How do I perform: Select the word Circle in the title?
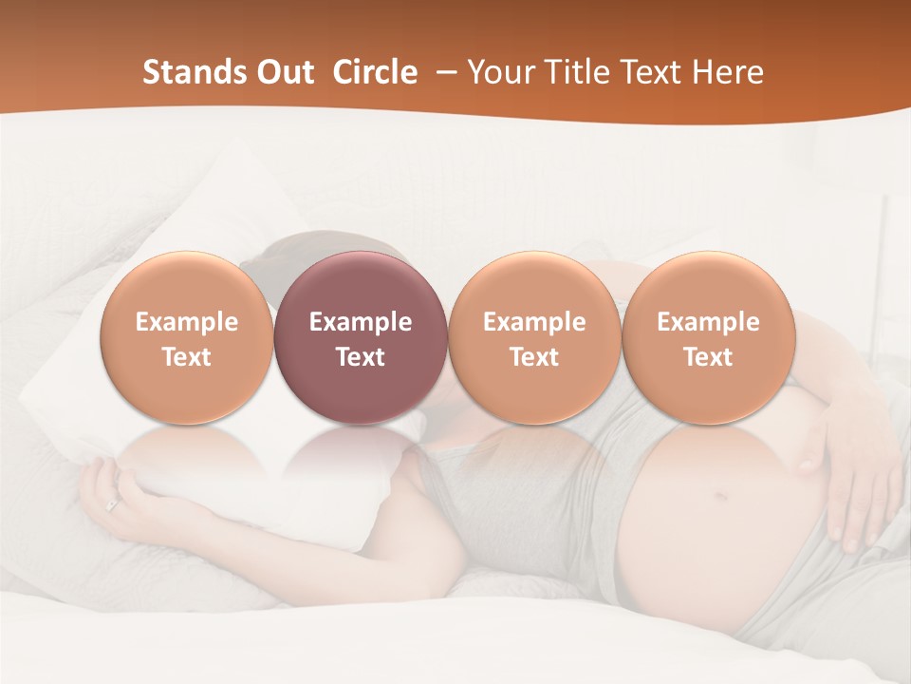(x=375, y=72)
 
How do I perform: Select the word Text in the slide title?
(x=654, y=72)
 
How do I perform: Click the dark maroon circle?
(x=361, y=337)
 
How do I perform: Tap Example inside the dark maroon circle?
(x=361, y=322)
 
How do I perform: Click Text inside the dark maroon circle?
(x=361, y=357)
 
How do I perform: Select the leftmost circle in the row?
(x=187, y=337)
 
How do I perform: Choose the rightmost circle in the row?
(x=708, y=337)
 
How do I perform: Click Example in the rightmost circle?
(x=708, y=322)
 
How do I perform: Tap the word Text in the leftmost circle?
(x=187, y=357)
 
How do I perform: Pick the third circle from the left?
(x=534, y=337)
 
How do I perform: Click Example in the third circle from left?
(x=534, y=322)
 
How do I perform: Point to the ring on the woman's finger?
(x=113, y=504)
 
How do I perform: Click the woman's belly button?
(x=719, y=496)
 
